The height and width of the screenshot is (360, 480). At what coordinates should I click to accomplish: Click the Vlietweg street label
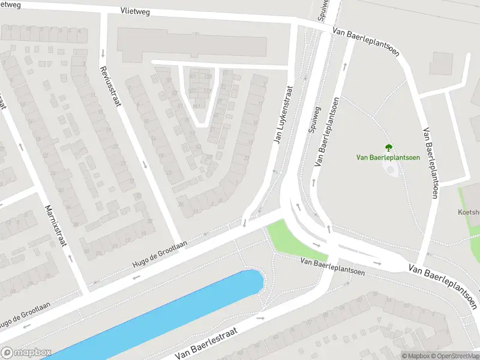[135, 11]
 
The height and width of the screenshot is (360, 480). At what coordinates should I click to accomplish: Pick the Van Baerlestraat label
[206, 343]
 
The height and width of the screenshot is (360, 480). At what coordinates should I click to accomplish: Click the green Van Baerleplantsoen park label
[388, 158]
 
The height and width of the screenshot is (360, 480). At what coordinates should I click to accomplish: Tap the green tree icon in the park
[388, 147]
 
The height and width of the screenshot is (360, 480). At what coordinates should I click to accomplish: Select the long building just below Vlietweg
[192, 44]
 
